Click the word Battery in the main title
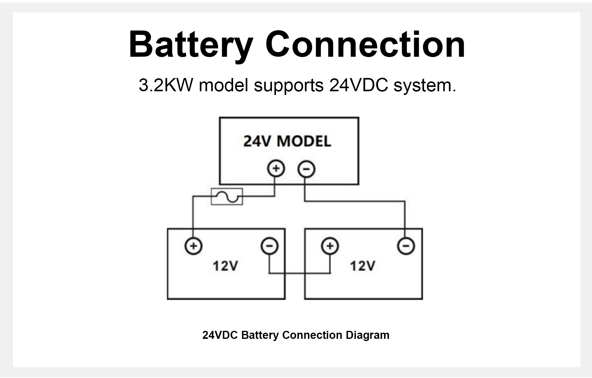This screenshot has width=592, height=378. click(x=191, y=45)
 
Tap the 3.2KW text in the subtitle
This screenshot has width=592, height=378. click(x=166, y=85)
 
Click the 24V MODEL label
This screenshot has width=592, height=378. click(x=287, y=141)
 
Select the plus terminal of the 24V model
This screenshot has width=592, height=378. click(x=276, y=169)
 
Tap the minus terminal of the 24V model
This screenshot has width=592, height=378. click(x=306, y=169)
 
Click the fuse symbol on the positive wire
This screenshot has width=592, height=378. click(x=227, y=196)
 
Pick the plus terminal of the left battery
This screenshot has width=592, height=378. click(x=194, y=246)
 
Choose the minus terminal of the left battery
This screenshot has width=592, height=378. click(x=270, y=246)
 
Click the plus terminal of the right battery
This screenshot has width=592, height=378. click(x=330, y=246)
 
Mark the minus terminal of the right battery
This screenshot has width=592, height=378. click(x=406, y=246)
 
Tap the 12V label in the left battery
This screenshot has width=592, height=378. click(x=225, y=265)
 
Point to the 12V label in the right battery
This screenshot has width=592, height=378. click(x=363, y=265)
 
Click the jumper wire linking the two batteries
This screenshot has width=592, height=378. click(x=300, y=273)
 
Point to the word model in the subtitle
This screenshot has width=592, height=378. click(x=224, y=85)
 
